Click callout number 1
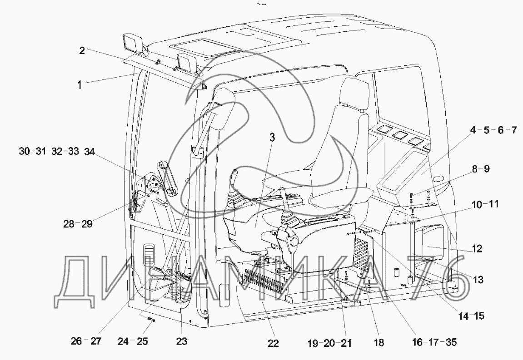click(x=80, y=84)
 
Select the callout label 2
click(x=82, y=50)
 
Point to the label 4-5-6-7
click(x=493, y=131)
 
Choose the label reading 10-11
click(x=485, y=204)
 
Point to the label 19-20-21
click(x=328, y=341)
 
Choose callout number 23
click(x=181, y=340)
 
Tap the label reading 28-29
click(x=77, y=223)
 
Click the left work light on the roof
click(x=131, y=43)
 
